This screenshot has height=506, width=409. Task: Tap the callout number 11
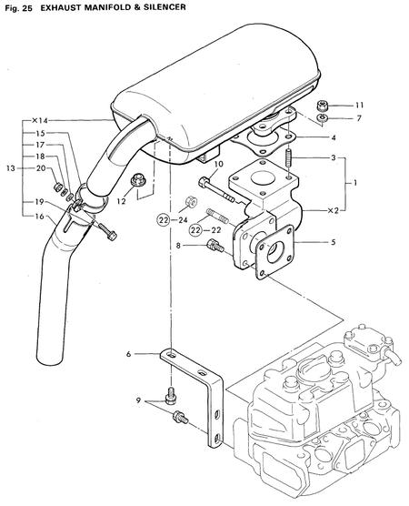359,106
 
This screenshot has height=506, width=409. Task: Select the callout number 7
359,118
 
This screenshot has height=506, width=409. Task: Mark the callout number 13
10,168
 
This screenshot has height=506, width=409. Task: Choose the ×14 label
39,120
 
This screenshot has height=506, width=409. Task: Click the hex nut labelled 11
323,106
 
